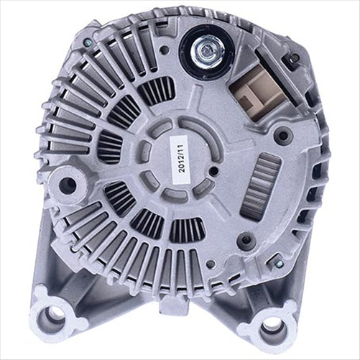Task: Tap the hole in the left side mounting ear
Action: [x=68, y=184]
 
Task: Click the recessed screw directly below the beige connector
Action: [x=282, y=134]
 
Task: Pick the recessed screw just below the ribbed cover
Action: [x=249, y=240]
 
